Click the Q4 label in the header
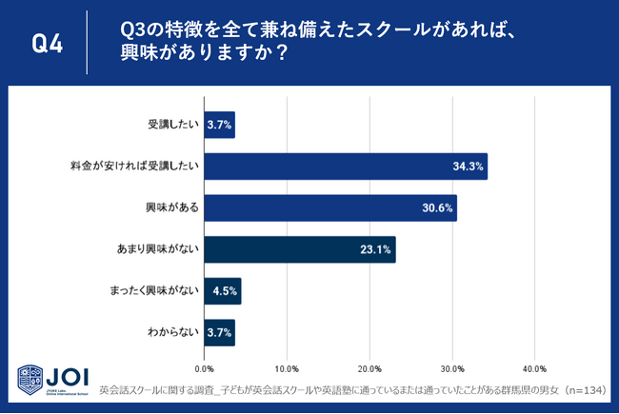point(47,43)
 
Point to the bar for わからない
point(219,332)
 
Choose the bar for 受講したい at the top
point(219,125)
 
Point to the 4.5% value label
point(225,291)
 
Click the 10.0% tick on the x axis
point(287,368)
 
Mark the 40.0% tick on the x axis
point(534,368)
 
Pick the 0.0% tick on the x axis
point(204,368)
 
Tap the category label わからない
point(171,332)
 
